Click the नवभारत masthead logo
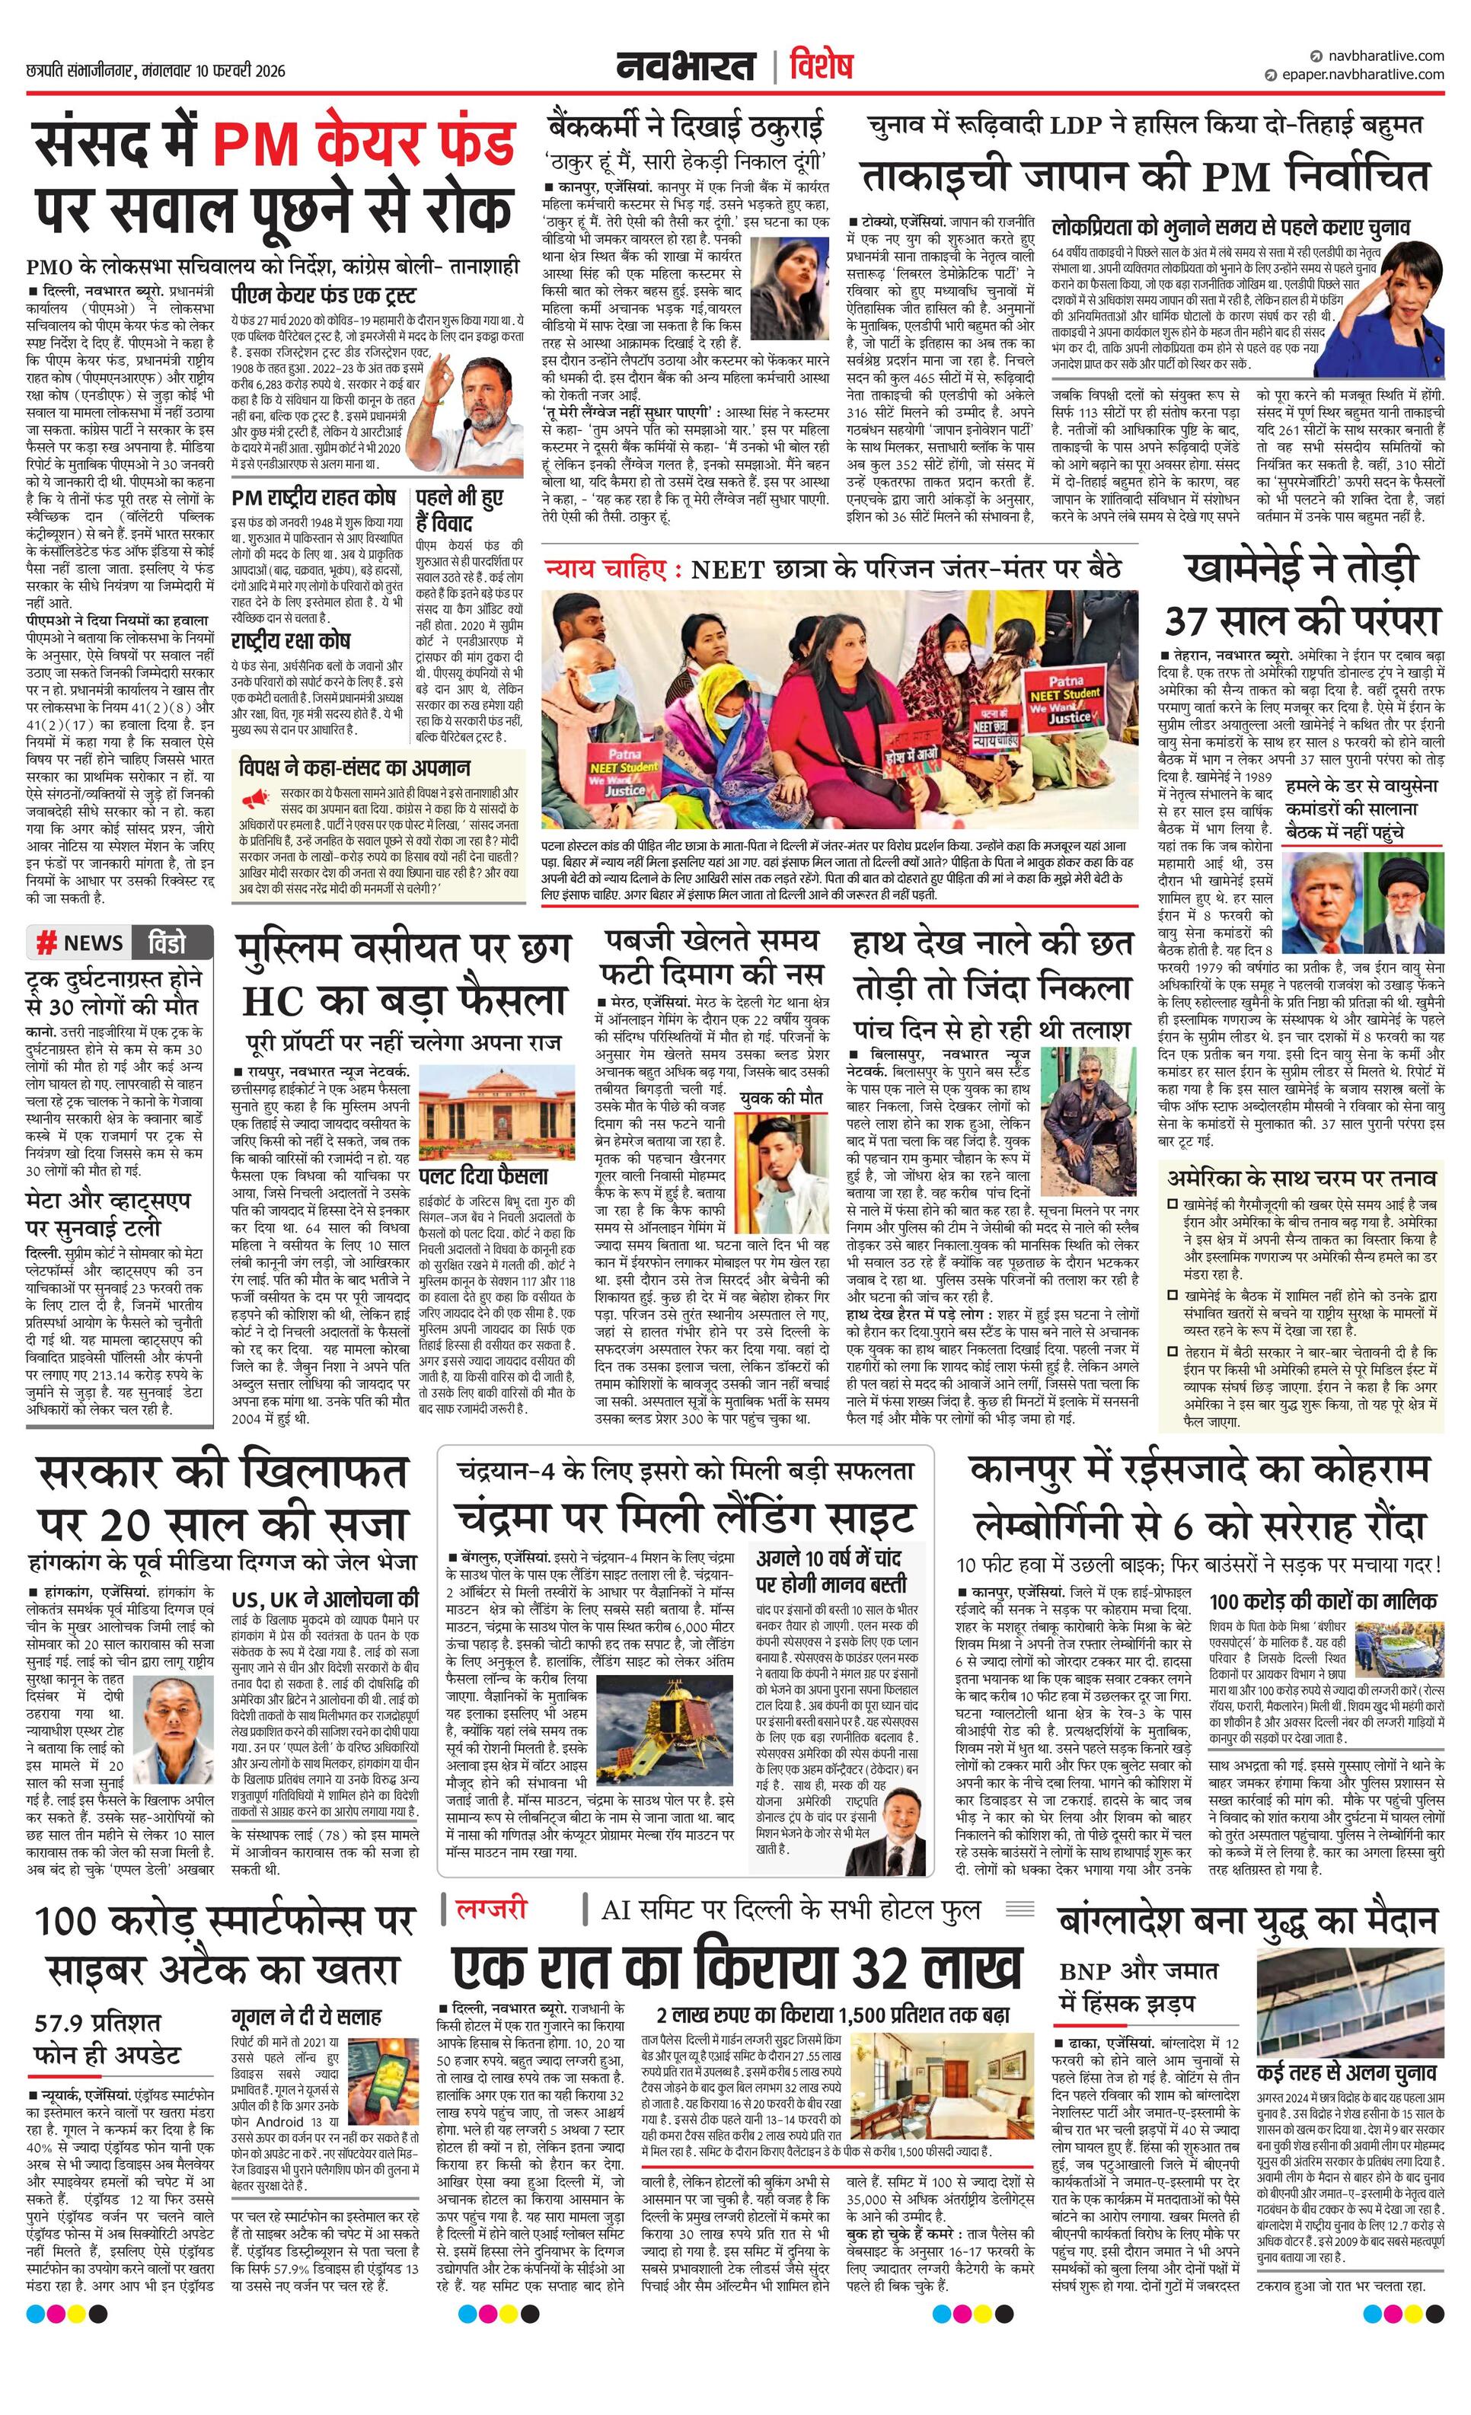[x=685, y=67]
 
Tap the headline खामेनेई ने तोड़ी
[x=1301, y=569]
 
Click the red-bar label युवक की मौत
[x=781, y=1098]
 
